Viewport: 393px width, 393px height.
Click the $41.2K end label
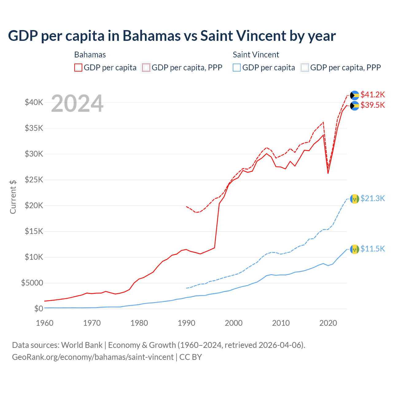pos(372,95)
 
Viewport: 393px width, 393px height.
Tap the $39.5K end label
pos(372,105)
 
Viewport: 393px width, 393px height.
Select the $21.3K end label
pos(372,199)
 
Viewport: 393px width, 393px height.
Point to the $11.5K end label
pos(372,249)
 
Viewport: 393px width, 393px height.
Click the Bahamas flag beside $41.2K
pos(355,95)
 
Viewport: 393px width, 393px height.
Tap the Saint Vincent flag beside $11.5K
pos(355,249)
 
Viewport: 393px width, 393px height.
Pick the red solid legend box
pos(78,68)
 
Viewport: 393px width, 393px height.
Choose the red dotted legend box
pos(146,68)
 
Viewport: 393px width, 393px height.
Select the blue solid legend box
pos(237,68)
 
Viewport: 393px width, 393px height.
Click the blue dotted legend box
pos(305,68)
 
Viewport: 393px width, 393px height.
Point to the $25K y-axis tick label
pos(34,180)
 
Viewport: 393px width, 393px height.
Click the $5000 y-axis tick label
pos(32,283)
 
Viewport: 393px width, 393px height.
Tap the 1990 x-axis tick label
pos(186,323)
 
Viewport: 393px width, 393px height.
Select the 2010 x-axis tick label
pos(281,323)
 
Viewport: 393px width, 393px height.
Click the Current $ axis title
pos(13,197)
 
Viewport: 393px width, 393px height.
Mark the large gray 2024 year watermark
pos(77,104)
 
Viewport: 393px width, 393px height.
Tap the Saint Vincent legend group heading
pos(256,55)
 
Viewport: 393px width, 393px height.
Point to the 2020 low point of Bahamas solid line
pos(328,173)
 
